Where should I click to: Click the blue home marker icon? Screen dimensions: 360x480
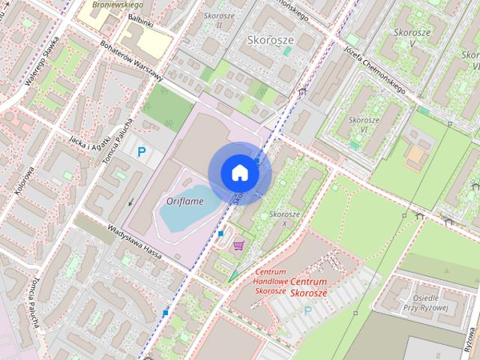click(x=239, y=172)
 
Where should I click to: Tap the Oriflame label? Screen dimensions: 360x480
click(x=184, y=201)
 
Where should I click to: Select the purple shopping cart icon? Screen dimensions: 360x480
click(x=239, y=245)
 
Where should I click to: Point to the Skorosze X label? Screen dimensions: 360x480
click(x=284, y=219)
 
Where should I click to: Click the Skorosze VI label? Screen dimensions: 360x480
click(x=364, y=124)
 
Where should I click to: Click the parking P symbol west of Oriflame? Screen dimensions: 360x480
click(x=141, y=152)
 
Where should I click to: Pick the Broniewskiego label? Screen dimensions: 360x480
click(x=112, y=4)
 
